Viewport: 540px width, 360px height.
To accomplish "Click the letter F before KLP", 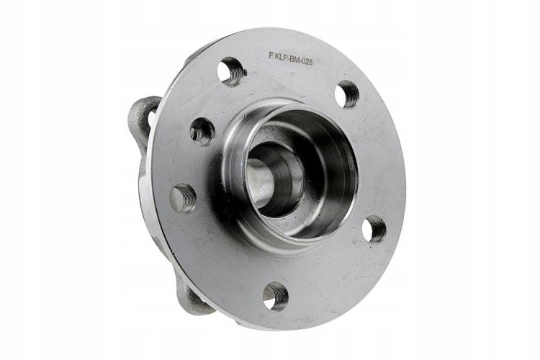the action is (x=271, y=56).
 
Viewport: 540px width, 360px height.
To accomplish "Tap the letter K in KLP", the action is (x=277, y=56).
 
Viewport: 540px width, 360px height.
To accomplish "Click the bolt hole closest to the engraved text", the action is (x=230, y=71).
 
